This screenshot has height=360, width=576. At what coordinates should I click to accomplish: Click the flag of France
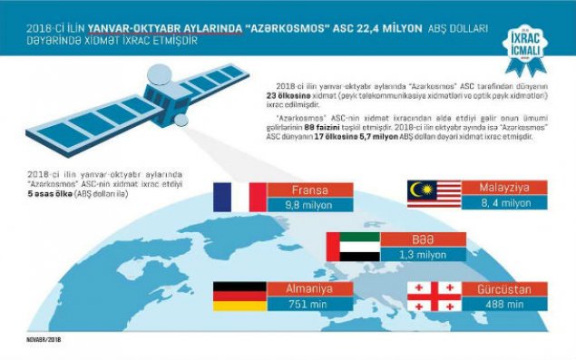point(239,197)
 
